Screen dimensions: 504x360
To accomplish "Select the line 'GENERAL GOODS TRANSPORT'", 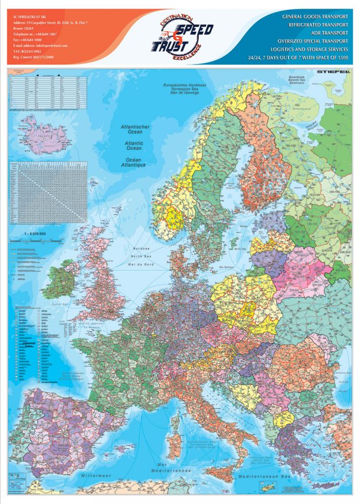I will point(315,17).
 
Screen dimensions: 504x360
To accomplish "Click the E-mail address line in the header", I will point(40,46).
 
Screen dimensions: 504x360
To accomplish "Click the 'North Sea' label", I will point(142,256).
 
